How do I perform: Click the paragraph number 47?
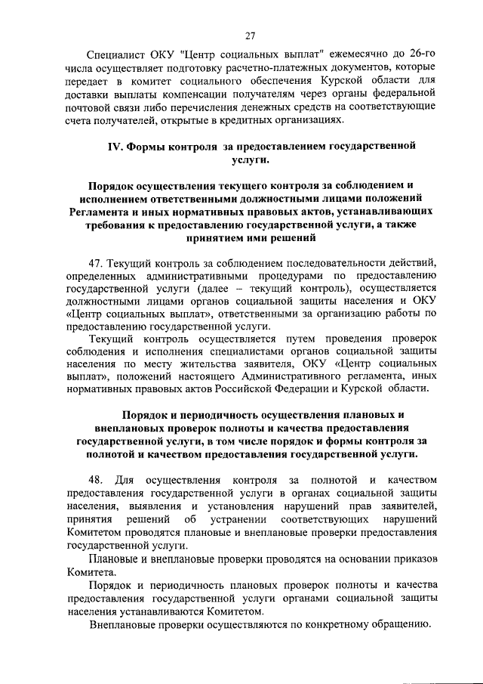(95, 262)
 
